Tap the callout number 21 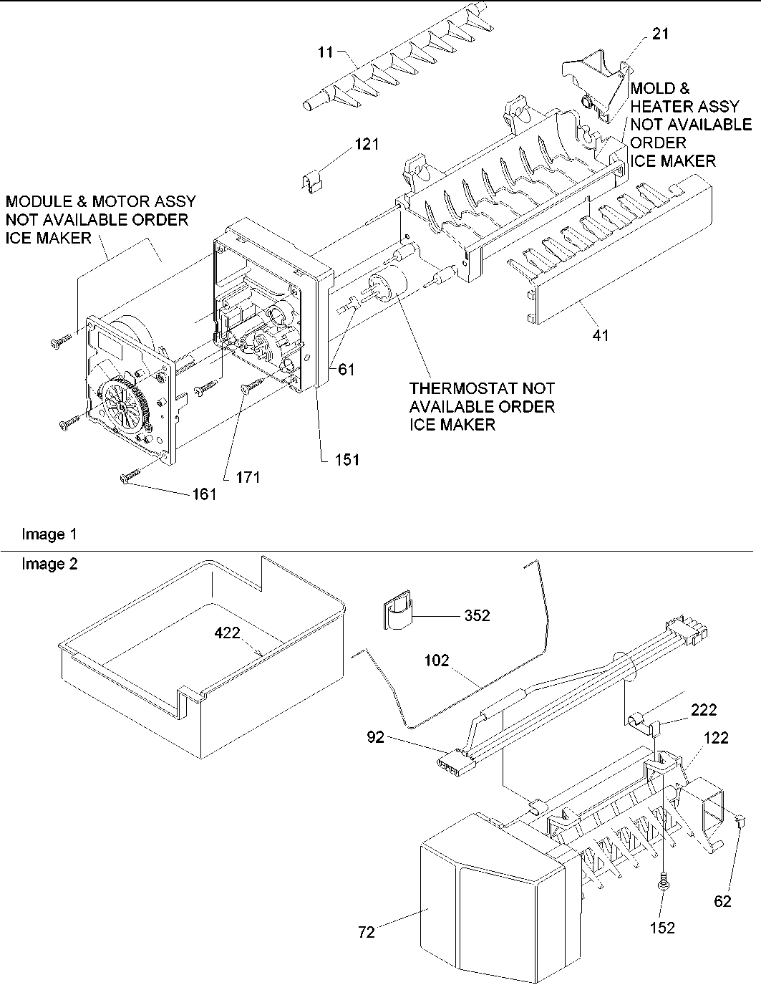pyautogui.click(x=660, y=34)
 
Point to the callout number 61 pyautogui.click(x=346, y=369)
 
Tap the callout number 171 pyautogui.click(x=248, y=476)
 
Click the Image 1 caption pyautogui.click(x=49, y=534)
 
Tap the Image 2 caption pyautogui.click(x=49, y=564)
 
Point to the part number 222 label pyautogui.click(x=703, y=710)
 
